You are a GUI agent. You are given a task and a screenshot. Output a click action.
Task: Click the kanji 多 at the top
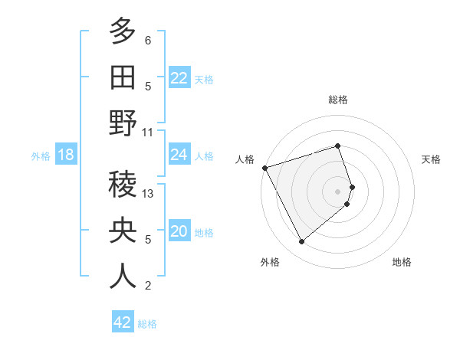[x=123, y=31]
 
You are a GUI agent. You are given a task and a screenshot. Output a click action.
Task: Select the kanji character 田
[x=123, y=77]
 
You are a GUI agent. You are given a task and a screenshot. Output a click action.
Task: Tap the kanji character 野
[x=123, y=123]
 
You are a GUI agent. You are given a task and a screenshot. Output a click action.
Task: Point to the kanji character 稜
[x=123, y=185]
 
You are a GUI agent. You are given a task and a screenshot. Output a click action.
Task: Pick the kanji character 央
[x=123, y=231]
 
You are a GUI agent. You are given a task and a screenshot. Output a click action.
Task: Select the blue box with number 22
[x=179, y=78]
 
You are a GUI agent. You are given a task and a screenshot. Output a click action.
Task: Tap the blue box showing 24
[x=179, y=155]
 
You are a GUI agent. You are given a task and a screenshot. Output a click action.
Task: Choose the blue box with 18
[x=66, y=155]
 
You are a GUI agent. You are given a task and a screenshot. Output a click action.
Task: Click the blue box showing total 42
[x=123, y=322]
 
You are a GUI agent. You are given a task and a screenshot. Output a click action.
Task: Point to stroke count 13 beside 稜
[x=149, y=194]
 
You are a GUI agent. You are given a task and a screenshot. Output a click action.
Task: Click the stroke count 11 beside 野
[x=149, y=132]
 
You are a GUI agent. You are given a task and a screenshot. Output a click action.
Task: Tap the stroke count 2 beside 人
[x=148, y=286]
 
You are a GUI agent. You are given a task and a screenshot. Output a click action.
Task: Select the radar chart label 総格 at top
[x=338, y=100]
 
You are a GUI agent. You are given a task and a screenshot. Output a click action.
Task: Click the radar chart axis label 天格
[x=431, y=159]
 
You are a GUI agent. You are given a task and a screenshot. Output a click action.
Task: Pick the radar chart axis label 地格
[x=402, y=262]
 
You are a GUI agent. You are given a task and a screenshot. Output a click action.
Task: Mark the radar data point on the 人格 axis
[x=264, y=168]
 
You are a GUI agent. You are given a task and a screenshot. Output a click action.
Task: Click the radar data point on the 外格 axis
[x=301, y=242]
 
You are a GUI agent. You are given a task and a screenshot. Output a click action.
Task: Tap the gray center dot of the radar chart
[x=338, y=191]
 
